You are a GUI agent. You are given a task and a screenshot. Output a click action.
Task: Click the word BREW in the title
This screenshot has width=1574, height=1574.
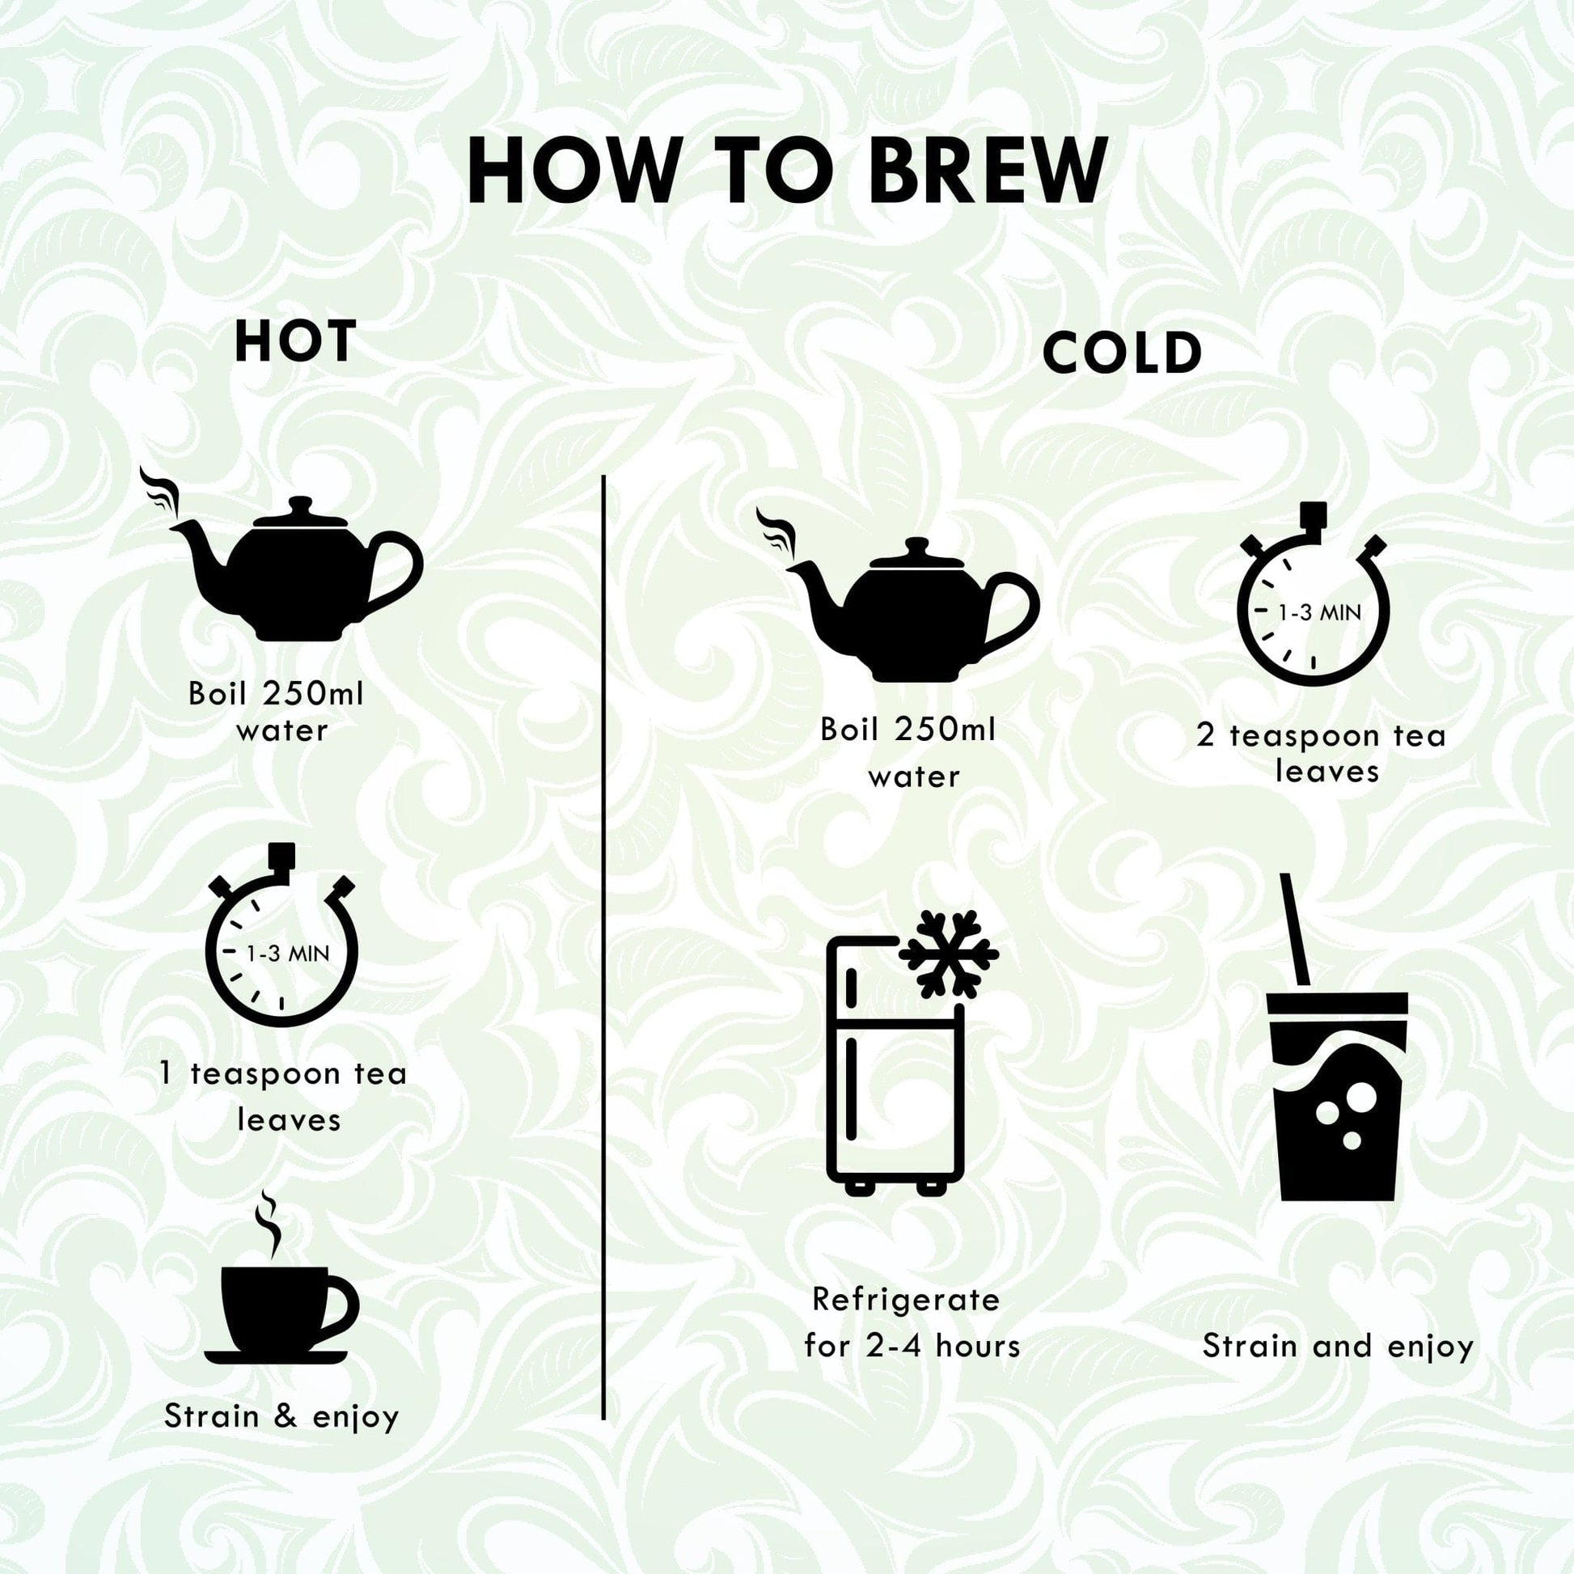(x=988, y=171)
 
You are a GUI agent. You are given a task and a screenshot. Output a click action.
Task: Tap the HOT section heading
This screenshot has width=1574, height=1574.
(x=296, y=341)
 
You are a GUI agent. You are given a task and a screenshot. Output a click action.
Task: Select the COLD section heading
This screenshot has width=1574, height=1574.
(x=1122, y=353)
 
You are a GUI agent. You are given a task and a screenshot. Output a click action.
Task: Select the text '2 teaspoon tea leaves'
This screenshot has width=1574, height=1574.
(x=1321, y=754)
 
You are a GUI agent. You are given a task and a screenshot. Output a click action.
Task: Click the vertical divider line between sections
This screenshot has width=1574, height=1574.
(x=603, y=947)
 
